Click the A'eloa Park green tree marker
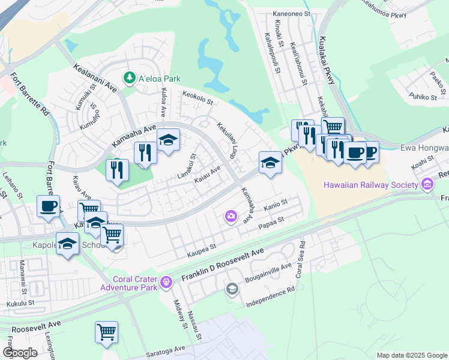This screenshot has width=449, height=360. click(x=128, y=78)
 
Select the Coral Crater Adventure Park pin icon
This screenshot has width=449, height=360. click(x=167, y=281)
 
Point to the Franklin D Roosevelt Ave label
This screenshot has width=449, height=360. click(x=222, y=266)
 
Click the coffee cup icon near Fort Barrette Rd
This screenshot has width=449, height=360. click(x=49, y=206)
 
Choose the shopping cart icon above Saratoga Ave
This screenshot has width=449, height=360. click(x=106, y=331)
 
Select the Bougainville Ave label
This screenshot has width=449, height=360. click(x=267, y=272)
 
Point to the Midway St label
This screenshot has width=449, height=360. click(x=179, y=315)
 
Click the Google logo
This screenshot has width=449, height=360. click(x=19, y=353)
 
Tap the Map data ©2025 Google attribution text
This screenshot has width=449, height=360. click(x=411, y=355)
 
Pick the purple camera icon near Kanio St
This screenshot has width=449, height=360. click(x=231, y=216)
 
